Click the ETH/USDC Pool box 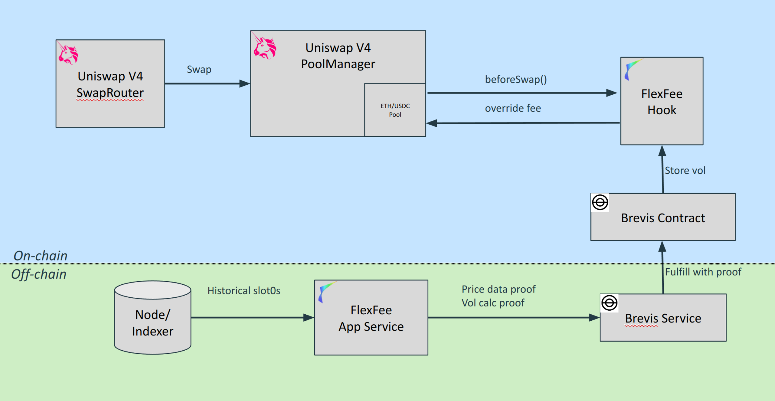[395, 110]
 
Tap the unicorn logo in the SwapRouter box [68, 54]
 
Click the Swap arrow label [199, 69]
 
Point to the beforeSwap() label [516, 80]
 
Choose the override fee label [513, 108]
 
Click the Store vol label [685, 170]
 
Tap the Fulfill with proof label [703, 272]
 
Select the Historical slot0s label [244, 291]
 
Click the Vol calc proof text [493, 303]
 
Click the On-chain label [40, 256]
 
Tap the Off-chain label [39, 274]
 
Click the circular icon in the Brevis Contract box [600, 202]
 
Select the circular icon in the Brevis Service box [609, 303]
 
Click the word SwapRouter [110, 93]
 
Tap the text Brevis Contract [663, 218]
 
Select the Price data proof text [498, 289]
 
